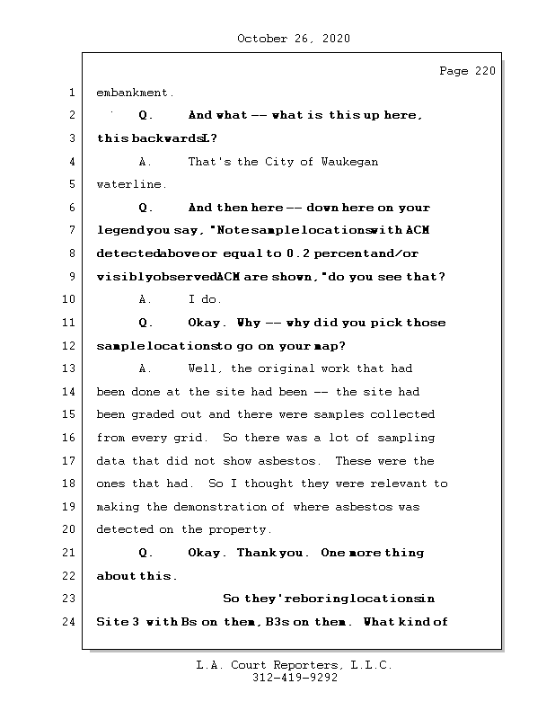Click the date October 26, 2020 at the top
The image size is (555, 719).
pos(294,39)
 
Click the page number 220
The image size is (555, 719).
pos(467,72)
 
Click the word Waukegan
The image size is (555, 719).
pos(348,162)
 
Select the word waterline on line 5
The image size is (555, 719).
pos(131,184)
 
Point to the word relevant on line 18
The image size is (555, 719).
pos(399,484)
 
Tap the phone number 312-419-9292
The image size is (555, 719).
pos(294,679)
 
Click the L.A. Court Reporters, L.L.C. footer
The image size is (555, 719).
pos(294,666)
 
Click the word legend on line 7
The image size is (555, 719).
pos(117,231)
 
